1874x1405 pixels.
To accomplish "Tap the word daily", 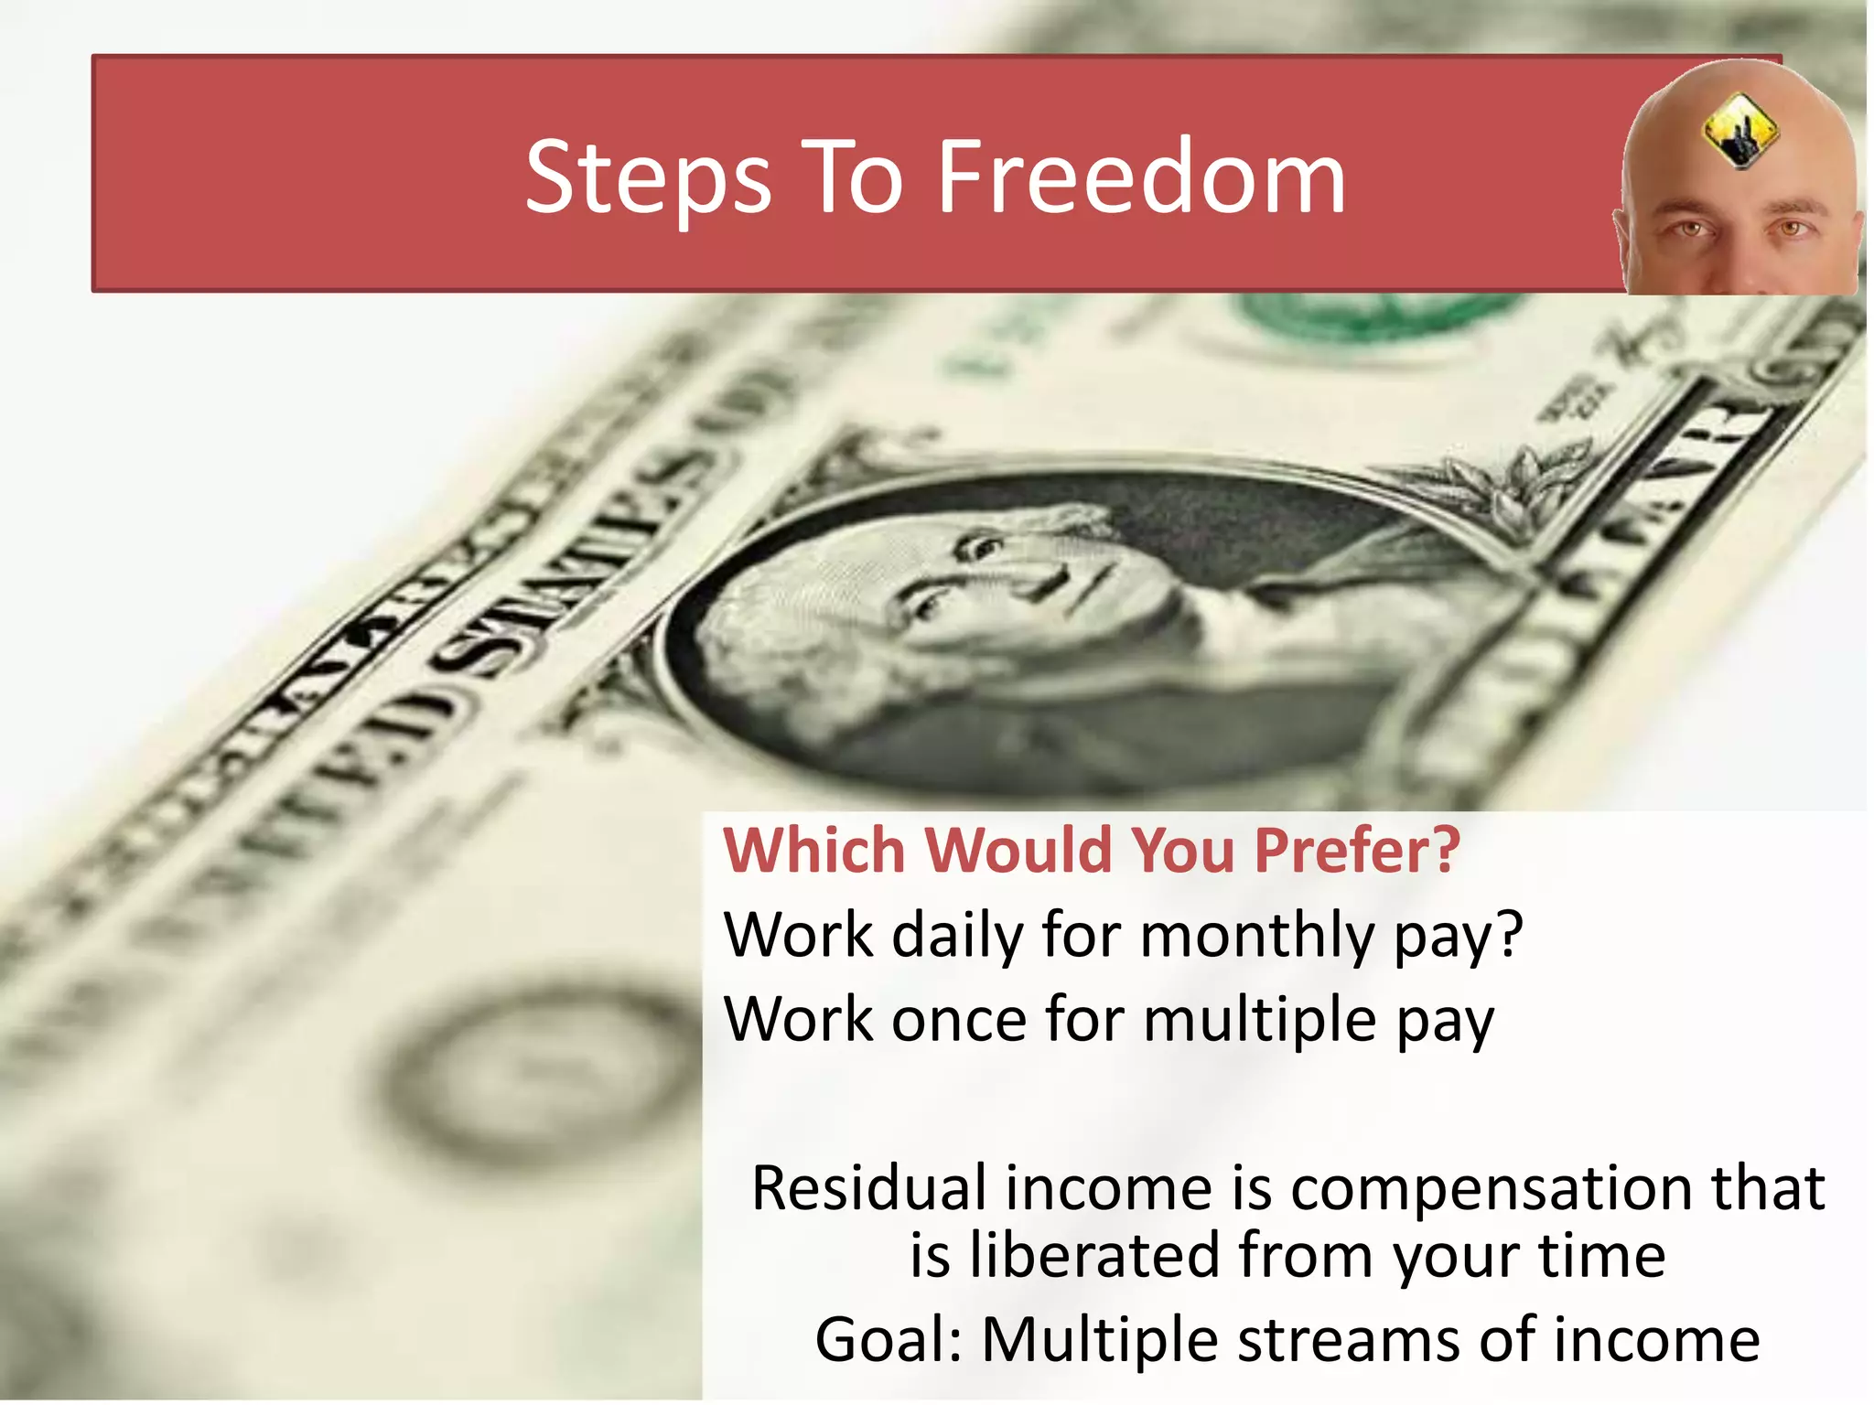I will click(x=956, y=937).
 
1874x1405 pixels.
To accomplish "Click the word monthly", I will click(x=1257, y=937).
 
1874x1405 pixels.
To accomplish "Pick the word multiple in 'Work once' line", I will click(x=1259, y=1021).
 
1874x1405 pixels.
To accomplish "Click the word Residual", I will click(x=868, y=1188).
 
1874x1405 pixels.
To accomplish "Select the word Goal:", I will click(x=889, y=1340).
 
